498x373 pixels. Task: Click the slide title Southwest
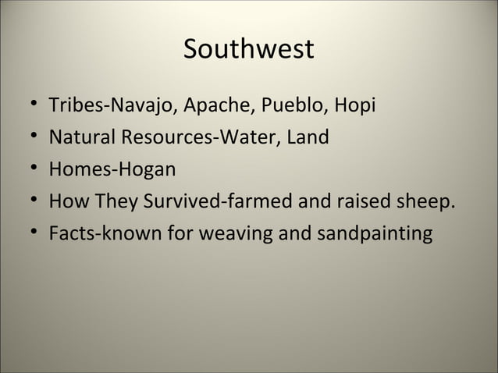(x=248, y=50)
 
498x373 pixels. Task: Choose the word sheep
(x=425, y=202)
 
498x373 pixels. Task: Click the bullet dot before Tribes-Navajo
(x=29, y=105)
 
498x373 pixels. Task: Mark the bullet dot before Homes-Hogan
(x=29, y=169)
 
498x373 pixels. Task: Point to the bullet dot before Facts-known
(x=29, y=234)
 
